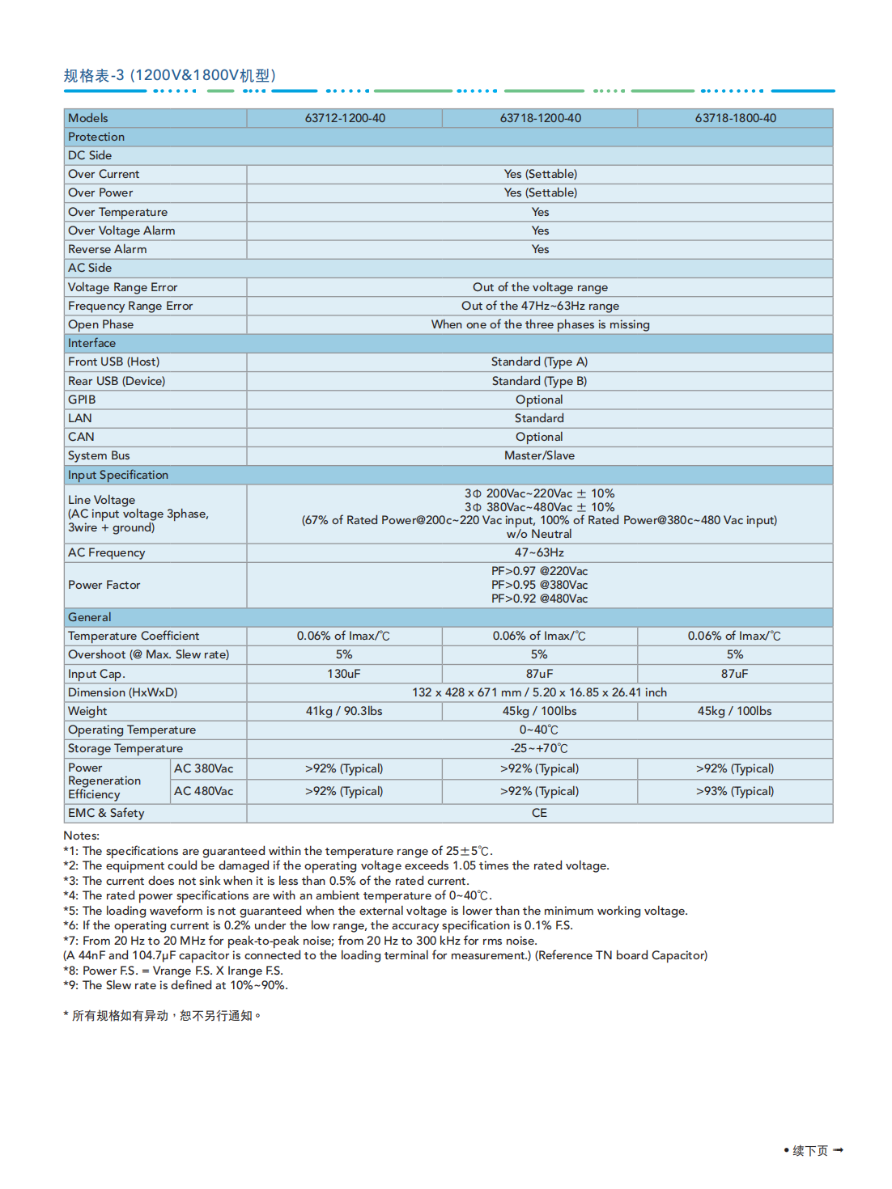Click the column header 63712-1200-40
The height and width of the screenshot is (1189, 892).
tap(345, 118)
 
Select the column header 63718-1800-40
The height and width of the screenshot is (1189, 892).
tap(735, 118)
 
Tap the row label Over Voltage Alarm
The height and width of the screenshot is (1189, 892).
tap(121, 231)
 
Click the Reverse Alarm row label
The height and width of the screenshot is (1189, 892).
tap(108, 249)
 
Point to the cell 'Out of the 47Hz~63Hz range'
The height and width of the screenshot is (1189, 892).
tap(540, 306)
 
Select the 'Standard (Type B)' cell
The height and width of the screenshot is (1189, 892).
tap(539, 381)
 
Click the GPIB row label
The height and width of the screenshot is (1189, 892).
tap(82, 400)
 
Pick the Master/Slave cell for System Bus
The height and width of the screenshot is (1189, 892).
tap(539, 455)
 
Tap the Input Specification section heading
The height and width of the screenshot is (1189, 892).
tap(118, 475)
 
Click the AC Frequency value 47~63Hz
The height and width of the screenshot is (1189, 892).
tap(539, 552)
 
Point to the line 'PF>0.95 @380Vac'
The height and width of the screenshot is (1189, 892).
tap(539, 585)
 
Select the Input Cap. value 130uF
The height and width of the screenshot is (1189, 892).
tap(344, 674)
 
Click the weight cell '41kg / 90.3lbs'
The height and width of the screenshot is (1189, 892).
tap(344, 711)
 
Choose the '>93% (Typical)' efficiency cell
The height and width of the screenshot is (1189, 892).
tap(735, 791)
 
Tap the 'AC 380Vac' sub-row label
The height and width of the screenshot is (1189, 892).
tap(204, 768)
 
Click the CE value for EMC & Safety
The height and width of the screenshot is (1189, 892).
tap(539, 813)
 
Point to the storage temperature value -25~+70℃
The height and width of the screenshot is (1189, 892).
tap(539, 748)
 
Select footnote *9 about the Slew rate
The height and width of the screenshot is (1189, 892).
tap(176, 985)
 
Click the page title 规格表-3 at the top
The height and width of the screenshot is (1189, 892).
tap(170, 75)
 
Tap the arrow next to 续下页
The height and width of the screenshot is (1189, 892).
tap(838, 1149)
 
